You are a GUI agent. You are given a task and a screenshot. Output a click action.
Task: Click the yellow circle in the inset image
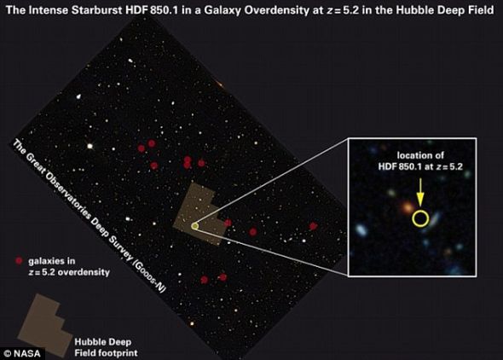[420, 212]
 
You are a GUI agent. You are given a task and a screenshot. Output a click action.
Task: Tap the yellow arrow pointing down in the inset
[420, 192]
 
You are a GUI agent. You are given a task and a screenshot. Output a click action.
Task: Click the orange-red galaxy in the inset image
[408, 207]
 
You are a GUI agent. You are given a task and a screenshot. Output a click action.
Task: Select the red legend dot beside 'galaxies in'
[20, 261]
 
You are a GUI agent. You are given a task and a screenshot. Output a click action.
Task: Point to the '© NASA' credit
[22, 353]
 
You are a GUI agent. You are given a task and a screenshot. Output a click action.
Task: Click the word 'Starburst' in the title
[96, 10]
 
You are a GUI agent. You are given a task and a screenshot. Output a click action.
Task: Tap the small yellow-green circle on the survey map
[194, 227]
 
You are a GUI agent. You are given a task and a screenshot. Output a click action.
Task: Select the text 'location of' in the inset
[420, 155]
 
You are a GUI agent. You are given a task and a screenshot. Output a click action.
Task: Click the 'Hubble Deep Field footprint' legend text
[107, 347]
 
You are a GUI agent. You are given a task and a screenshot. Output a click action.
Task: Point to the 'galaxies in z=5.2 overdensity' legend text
[69, 267]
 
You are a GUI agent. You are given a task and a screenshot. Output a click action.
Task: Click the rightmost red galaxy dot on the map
[313, 226]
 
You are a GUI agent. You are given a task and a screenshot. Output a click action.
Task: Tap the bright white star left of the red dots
[90, 147]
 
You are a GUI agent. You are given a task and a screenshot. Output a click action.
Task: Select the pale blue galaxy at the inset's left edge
[361, 229]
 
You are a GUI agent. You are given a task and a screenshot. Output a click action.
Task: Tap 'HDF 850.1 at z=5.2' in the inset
[420, 166]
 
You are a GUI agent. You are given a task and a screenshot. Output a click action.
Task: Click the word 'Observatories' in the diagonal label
[69, 195]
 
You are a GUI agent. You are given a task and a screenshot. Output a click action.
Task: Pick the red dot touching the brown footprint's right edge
[228, 223]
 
